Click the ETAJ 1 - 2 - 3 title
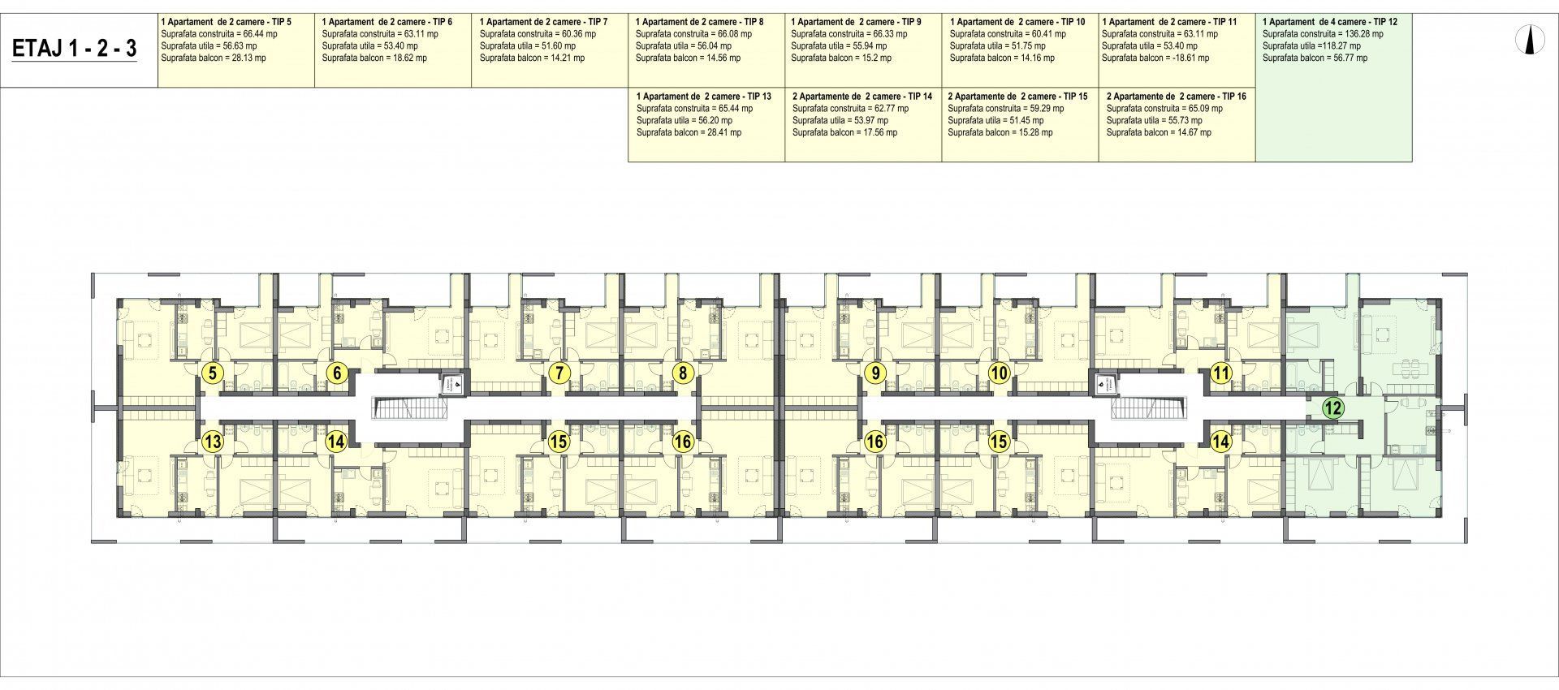[x=75, y=49]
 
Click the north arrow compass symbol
[x=1529, y=40]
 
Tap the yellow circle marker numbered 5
[x=213, y=373]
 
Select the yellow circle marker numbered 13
[x=213, y=442]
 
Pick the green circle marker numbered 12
[x=1332, y=408]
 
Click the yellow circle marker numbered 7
[x=559, y=373]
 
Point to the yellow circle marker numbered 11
[x=1220, y=373]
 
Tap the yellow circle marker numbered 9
[x=874, y=373]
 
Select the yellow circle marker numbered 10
[x=999, y=373]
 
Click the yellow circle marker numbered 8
[x=684, y=373]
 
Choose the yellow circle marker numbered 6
[x=337, y=373]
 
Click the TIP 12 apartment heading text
[x=1330, y=22]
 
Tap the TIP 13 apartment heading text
[x=703, y=96]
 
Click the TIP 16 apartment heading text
[x=1176, y=96]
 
